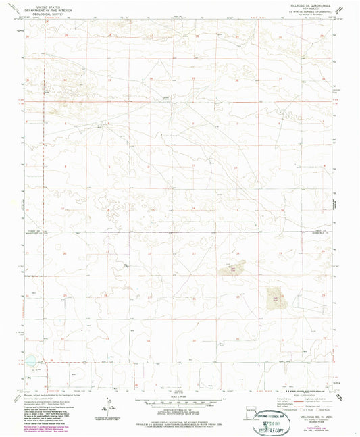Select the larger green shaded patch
[276, 294]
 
